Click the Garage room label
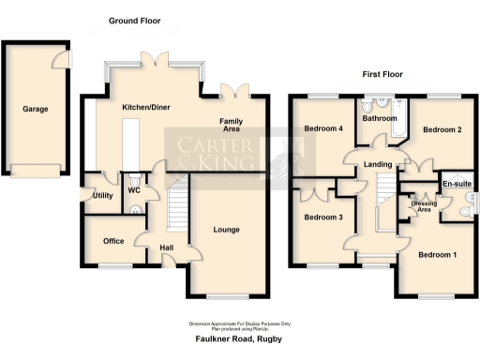click(x=36, y=109)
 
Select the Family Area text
click(x=232, y=127)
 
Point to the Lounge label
click(x=226, y=230)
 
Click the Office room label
click(x=113, y=241)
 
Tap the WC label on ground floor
click(x=134, y=190)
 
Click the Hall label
click(x=166, y=247)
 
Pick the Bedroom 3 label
click(x=322, y=217)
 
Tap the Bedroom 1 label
click(x=438, y=255)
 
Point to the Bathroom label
click(x=381, y=119)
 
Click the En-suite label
click(x=456, y=185)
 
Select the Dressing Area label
click(x=424, y=206)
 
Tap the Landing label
click(x=378, y=166)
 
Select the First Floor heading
click(x=383, y=73)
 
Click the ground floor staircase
click(x=175, y=208)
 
